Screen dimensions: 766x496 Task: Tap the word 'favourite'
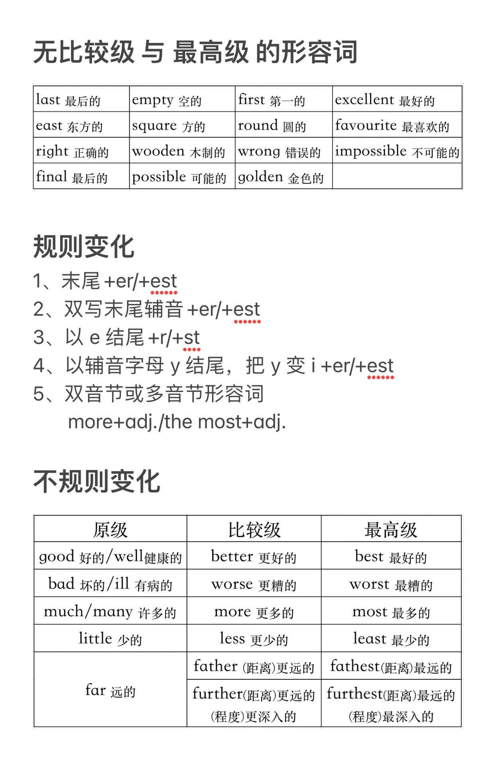coord(366,125)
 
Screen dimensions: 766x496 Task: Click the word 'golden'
coord(260,177)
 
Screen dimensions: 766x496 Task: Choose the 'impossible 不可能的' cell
coord(397,151)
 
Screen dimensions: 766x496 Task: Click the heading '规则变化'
coord(84,247)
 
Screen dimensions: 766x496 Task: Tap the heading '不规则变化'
coord(97,482)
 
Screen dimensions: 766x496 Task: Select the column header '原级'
coord(110,529)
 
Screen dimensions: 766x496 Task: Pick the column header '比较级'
coord(254,529)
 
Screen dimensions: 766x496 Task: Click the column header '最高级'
coord(391,529)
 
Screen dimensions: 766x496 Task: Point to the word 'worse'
coord(232,584)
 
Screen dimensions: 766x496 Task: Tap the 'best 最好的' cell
coord(391,557)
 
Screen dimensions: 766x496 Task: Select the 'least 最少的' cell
coord(391,639)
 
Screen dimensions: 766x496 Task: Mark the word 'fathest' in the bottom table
coord(355,666)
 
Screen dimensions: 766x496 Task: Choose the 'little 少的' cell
coord(110,639)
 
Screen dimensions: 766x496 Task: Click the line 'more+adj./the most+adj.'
coord(177,422)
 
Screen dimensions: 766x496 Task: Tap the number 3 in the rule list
coord(39,338)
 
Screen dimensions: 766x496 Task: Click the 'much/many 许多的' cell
coord(110,612)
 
